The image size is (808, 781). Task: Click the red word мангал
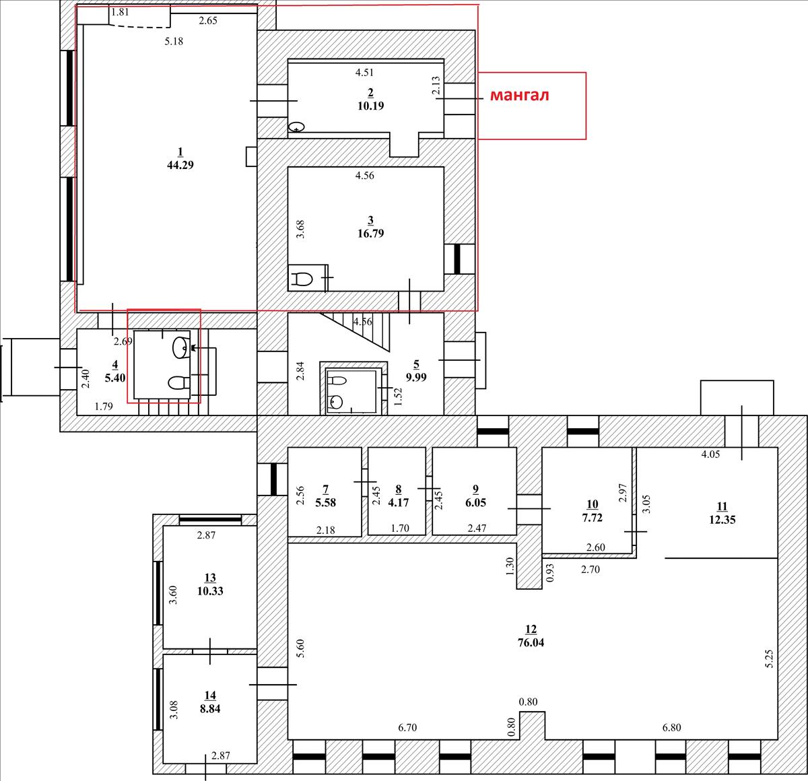(519, 96)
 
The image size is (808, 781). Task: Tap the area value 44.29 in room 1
(180, 165)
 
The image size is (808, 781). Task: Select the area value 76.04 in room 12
(531, 642)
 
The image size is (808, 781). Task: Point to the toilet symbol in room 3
(302, 279)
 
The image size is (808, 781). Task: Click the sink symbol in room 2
(297, 127)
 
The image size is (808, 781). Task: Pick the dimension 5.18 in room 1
(174, 41)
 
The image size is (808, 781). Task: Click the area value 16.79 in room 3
(371, 234)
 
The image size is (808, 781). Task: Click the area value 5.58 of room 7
(325, 502)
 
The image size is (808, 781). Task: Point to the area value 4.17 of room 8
(399, 502)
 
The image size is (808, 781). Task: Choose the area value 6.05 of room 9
(475, 502)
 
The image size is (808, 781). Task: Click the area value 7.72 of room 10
(592, 518)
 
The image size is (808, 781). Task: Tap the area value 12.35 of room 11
(722, 519)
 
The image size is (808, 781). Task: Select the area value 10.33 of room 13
(210, 590)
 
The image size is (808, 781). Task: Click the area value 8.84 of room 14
(210, 708)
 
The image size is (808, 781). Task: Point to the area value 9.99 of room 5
(416, 377)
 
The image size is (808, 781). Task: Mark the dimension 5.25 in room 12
(769, 658)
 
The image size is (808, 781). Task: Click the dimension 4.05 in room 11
(710, 454)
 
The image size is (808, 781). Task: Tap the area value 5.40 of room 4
(115, 378)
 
